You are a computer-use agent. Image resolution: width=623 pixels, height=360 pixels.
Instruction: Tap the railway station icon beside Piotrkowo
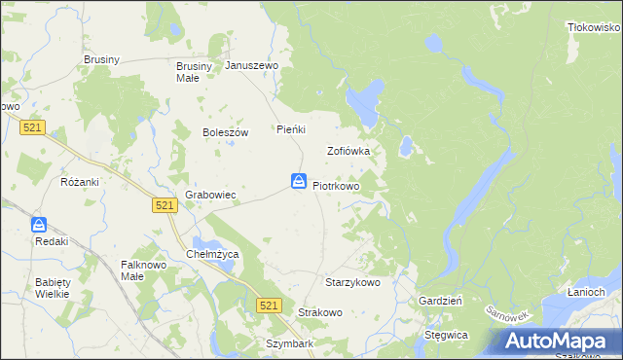[299, 181]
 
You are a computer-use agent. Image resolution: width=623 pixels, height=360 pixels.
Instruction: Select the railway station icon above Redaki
[39, 224]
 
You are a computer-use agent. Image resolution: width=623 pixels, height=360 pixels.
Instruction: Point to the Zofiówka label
[348, 152]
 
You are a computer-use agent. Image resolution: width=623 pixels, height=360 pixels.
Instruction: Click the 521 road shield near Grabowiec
[164, 204]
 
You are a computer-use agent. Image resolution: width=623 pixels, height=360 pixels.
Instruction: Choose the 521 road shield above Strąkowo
[270, 306]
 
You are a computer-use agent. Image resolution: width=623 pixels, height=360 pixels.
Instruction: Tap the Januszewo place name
[252, 66]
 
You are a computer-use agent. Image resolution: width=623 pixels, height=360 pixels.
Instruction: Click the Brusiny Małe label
[187, 72]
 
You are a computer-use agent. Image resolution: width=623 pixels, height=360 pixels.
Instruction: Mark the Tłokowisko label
[595, 28]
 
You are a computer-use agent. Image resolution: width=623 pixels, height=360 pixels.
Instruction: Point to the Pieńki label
[292, 129]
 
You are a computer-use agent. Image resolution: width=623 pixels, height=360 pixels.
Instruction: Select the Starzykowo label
[352, 282]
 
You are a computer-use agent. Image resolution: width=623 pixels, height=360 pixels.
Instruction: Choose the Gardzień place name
[440, 302]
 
